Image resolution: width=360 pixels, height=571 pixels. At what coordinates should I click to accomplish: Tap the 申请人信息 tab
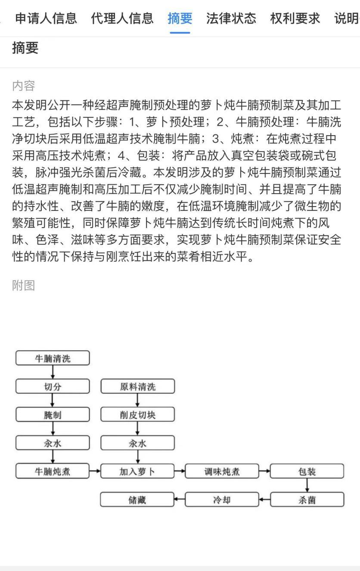point(46,18)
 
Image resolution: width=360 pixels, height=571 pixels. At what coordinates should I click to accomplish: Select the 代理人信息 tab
point(122,18)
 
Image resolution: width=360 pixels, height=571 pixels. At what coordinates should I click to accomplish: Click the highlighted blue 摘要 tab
point(180,18)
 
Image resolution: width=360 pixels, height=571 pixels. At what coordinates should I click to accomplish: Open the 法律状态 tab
point(231,18)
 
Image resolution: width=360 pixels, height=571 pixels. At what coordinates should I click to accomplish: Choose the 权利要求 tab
point(295,18)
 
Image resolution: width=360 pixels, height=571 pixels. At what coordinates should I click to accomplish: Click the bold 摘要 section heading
point(25,48)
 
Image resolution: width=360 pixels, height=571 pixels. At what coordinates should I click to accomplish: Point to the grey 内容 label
point(23,86)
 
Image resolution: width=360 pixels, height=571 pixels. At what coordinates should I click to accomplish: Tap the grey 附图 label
point(23,285)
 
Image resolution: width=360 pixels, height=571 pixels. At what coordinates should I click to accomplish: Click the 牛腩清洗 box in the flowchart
point(53,358)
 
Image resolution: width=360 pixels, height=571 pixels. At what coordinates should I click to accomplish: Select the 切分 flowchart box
point(53,386)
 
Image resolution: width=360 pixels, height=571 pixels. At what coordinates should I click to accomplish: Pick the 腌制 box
point(53,415)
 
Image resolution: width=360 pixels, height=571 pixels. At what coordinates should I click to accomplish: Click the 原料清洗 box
point(138,386)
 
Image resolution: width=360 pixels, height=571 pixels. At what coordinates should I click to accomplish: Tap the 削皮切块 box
point(138,415)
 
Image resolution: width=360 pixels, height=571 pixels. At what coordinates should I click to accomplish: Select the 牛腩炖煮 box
point(53,471)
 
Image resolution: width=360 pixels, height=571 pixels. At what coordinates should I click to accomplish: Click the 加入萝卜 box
point(138,471)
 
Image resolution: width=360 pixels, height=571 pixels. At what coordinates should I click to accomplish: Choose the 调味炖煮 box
point(222,471)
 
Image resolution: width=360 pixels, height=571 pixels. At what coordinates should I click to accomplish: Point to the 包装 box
point(307,471)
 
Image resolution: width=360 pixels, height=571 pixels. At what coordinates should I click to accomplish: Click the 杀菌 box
point(307,500)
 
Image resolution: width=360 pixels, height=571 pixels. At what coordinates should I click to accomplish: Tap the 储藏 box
point(138,500)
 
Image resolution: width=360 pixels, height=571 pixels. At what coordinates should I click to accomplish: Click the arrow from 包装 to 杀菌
point(307,485)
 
